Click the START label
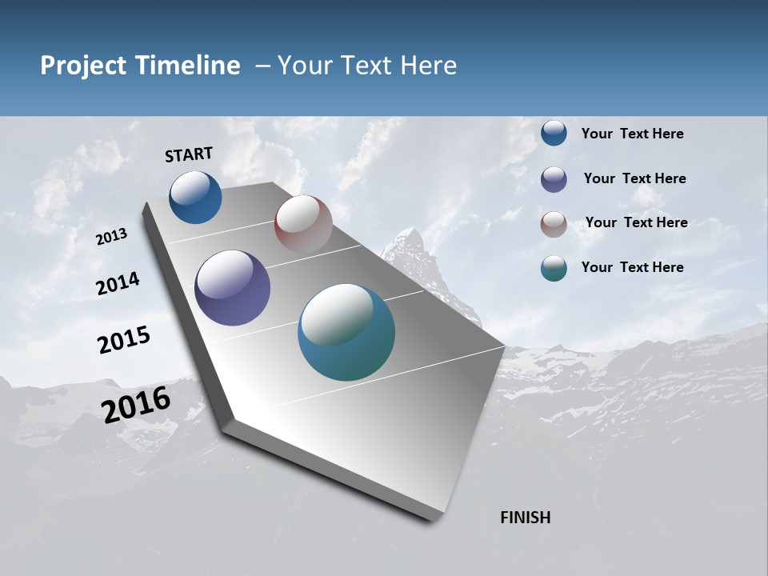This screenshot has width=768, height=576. pyautogui.click(x=189, y=154)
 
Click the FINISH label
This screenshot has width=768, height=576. pyautogui.click(x=525, y=518)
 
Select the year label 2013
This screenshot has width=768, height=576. pyautogui.click(x=111, y=236)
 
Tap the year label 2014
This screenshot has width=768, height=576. pyautogui.click(x=118, y=283)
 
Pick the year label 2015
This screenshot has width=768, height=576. pyautogui.click(x=124, y=340)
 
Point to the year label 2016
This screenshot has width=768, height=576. pyautogui.click(x=136, y=405)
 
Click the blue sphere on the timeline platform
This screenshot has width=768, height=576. pyautogui.click(x=195, y=197)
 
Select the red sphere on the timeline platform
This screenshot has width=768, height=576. pyautogui.click(x=303, y=224)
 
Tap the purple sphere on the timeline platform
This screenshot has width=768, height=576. pyautogui.click(x=232, y=288)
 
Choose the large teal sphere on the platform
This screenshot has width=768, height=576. pyautogui.click(x=346, y=332)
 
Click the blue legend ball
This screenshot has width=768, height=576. pyautogui.click(x=554, y=133)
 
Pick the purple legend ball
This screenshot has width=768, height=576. pyautogui.click(x=554, y=179)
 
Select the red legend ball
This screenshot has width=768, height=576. pyautogui.click(x=554, y=224)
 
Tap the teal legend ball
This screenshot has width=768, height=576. pyautogui.click(x=554, y=268)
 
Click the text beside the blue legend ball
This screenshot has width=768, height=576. pyautogui.click(x=632, y=134)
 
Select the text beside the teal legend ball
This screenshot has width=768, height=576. pyautogui.click(x=632, y=267)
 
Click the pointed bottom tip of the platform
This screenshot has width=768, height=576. pyautogui.click(x=432, y=518)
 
